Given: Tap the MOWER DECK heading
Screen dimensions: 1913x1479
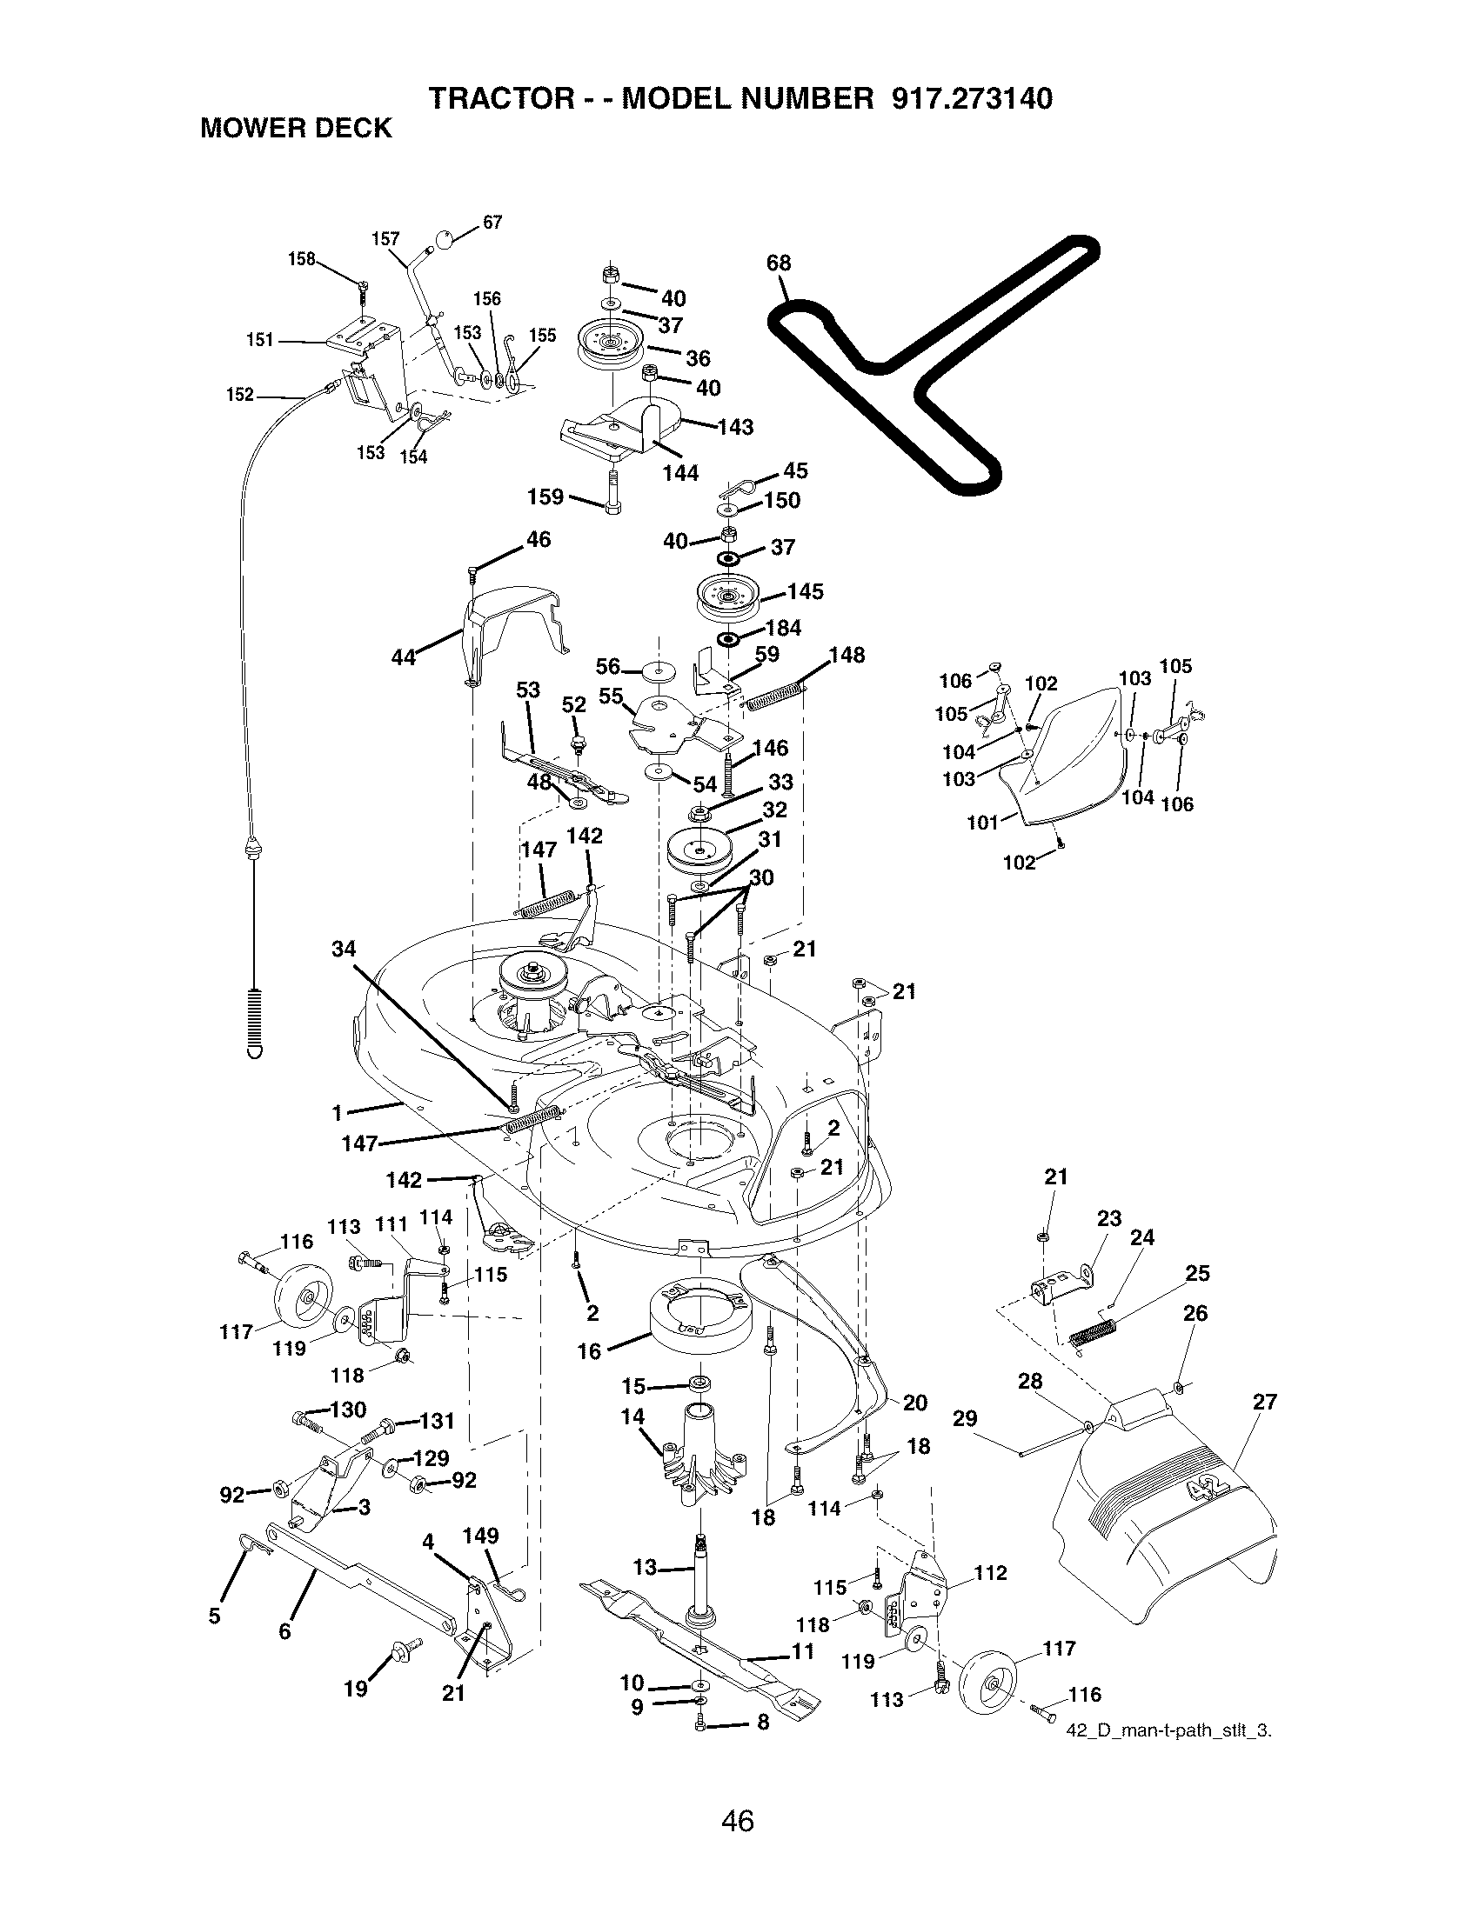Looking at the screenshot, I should click(296, 129).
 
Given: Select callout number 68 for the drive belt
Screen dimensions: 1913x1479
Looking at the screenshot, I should click(778, 263).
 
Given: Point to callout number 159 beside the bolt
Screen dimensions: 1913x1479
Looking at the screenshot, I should click(545, 497).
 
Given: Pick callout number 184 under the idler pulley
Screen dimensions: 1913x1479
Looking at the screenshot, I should click(783, 628).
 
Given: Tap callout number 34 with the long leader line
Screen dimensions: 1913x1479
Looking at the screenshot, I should click(345, 948).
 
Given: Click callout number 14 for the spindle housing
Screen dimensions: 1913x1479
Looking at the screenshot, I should click(632, 1417).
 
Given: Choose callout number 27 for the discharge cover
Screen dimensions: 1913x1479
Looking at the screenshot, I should click(1265, 1403).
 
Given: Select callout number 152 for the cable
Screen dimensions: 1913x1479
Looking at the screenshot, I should click(239, 395).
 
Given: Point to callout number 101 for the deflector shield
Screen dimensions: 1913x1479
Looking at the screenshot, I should click(982, 823).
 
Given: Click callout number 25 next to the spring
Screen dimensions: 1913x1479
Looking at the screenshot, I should click(1197, 1274).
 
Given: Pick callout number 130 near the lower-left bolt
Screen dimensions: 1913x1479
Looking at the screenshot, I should click(349, 1410).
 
